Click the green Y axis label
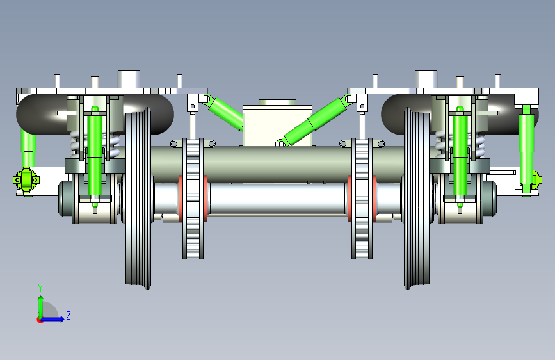pyautogui.click(x=40, y=288)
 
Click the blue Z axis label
pyautogui.click(x=68, y=315)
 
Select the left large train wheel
pyautogui.click(x=138, y=199)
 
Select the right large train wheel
pyautogui.click(x=417, y=199)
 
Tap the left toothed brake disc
pyautogui.click(x=193, y=199)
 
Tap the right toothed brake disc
pyautogui.click(x=362, y=199)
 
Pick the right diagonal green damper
pyautogui.click(x=314, y=120)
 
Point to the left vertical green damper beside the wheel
pyautogui.click(x=95, y=156)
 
